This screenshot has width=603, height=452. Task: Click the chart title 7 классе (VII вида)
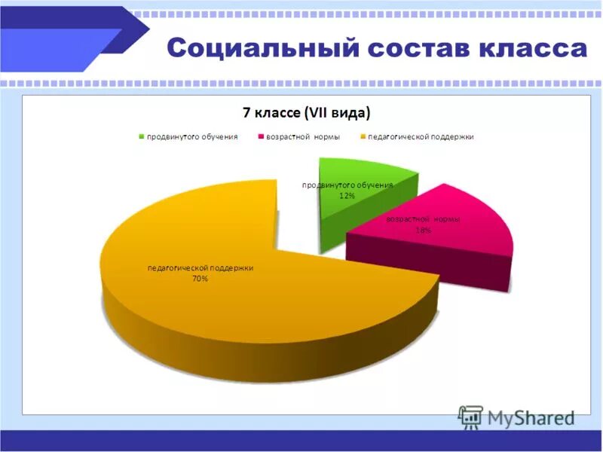(306, 113)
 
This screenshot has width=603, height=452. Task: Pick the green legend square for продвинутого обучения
(141, 137)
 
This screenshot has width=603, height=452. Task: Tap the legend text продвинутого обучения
(192, 137)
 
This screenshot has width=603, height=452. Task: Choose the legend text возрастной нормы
(304, 137)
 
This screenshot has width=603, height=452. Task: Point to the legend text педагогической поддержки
(421, 137)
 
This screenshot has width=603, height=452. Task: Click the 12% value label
(347, 196)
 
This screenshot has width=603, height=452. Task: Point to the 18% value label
(424, 231)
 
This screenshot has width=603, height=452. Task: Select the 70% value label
(200, 279)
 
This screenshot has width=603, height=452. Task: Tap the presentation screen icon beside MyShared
(470, 417)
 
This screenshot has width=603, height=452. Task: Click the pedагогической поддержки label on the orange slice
(200, 267)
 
